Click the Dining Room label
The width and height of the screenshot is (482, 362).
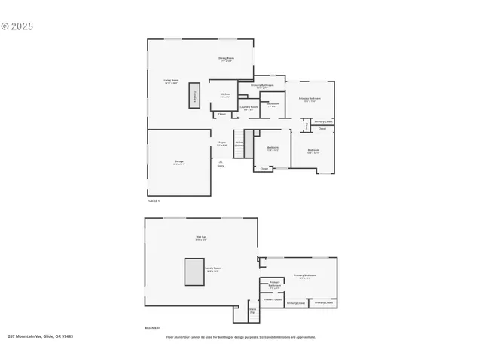(x=226, y=59)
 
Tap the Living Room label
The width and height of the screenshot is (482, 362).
(x=171, y=81)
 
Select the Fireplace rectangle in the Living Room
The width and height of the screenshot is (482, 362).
(x=195, y=95)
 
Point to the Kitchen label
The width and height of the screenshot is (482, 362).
(x=225, y=95)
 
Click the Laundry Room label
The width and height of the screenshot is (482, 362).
(x=249, y=108)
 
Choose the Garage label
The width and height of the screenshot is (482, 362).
(x=179, y=163)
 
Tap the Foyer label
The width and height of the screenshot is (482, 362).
(x=222, y=143)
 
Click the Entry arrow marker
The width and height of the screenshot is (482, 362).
(x=221, y=161)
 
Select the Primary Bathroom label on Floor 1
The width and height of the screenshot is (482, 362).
(x=262, y=87)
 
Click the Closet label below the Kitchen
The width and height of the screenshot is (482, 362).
(x=221, y=115)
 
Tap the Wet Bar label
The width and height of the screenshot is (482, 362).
(x=201, y=238)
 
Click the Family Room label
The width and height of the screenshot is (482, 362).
(x=214, y=269)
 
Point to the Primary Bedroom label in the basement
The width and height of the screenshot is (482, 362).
(x=304, y=276)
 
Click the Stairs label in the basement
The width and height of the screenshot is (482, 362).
(x=252, y=310)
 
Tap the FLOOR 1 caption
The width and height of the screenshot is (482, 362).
(x=153, y=201)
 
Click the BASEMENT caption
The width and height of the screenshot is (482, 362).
(x=152, y=328)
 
